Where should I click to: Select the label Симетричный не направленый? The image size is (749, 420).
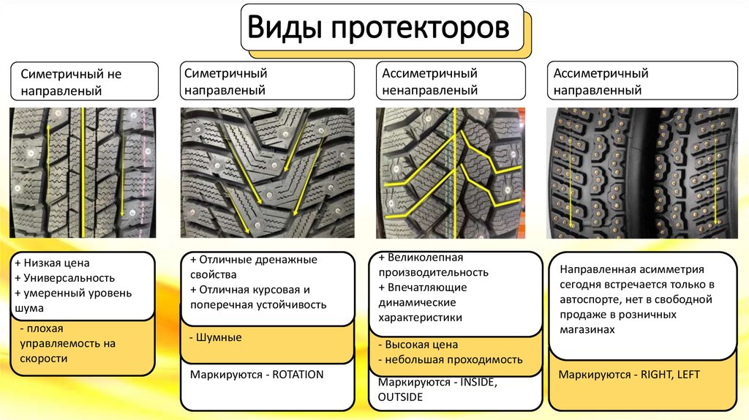tap(83, 82)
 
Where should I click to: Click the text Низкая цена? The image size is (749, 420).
tap(60, 263)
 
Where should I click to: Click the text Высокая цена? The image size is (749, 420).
tap(421, 344)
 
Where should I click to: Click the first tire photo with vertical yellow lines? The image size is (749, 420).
tap(83, 173)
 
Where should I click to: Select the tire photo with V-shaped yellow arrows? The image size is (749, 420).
tap(267, 173)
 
